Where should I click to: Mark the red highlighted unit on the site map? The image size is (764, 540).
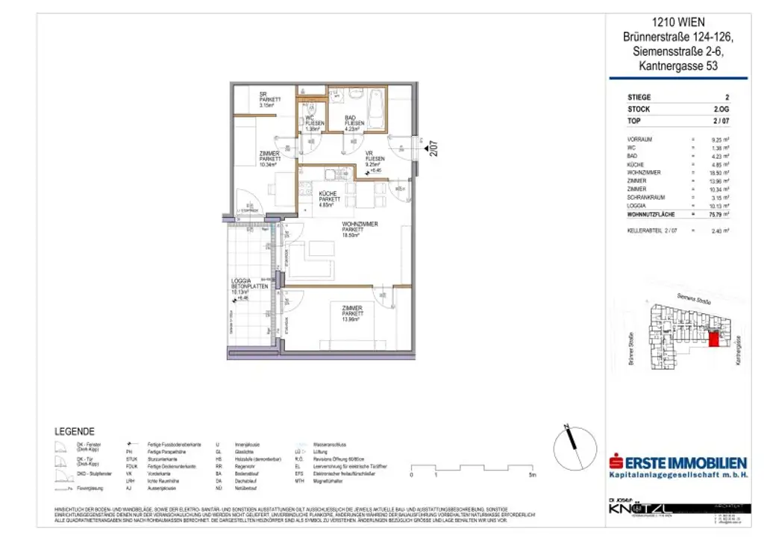[x=713, y=339]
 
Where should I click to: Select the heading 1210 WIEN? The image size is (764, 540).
[x=677, y=22]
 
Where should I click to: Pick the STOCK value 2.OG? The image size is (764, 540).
[x=721, y=109]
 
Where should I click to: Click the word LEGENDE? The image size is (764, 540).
[x=75, y=431]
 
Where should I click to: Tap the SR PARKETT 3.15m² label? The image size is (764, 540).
[x=269, y=100]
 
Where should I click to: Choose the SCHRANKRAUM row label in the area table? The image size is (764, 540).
[x=649, y=198]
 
